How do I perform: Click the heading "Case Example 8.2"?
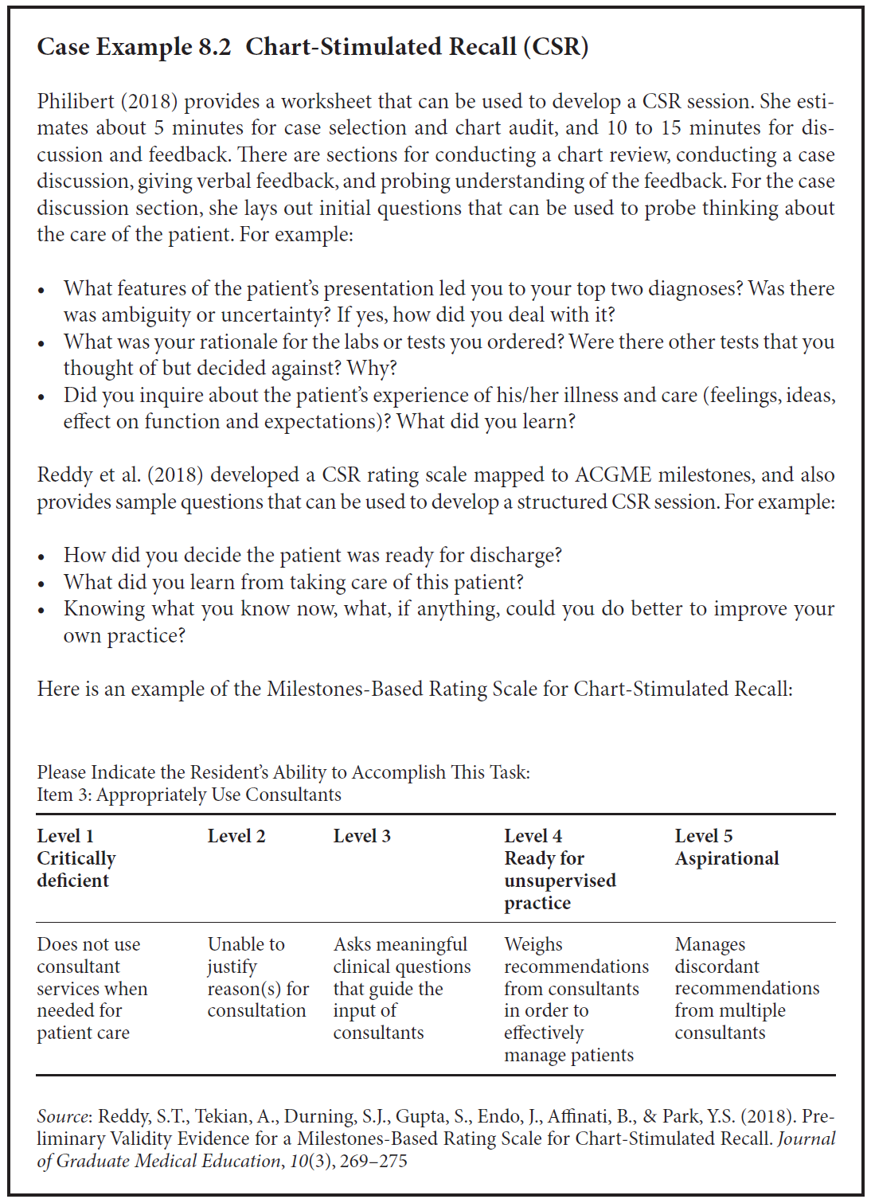tap(134, 47)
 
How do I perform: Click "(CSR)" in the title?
tap(556, 47)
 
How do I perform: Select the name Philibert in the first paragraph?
tap(76, 102)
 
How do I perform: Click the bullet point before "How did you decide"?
tap(42, 557)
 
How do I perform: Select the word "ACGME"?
tap(616, 475)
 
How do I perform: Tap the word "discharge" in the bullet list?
tap(516, 556)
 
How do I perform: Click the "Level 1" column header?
tap(65, 836)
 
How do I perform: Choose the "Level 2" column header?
tap(236, 836)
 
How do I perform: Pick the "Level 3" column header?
tap(361, 836)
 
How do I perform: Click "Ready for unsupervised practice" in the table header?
tap(560, 881)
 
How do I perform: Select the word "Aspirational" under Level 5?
tap(727, 858)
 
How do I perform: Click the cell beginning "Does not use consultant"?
tap(92, 988)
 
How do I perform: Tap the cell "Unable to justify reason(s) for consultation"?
tap(258, 977)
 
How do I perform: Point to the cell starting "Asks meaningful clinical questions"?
tap(401, 988)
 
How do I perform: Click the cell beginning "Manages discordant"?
tap(746, 988)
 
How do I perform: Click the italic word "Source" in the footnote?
tap(63, 1117)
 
